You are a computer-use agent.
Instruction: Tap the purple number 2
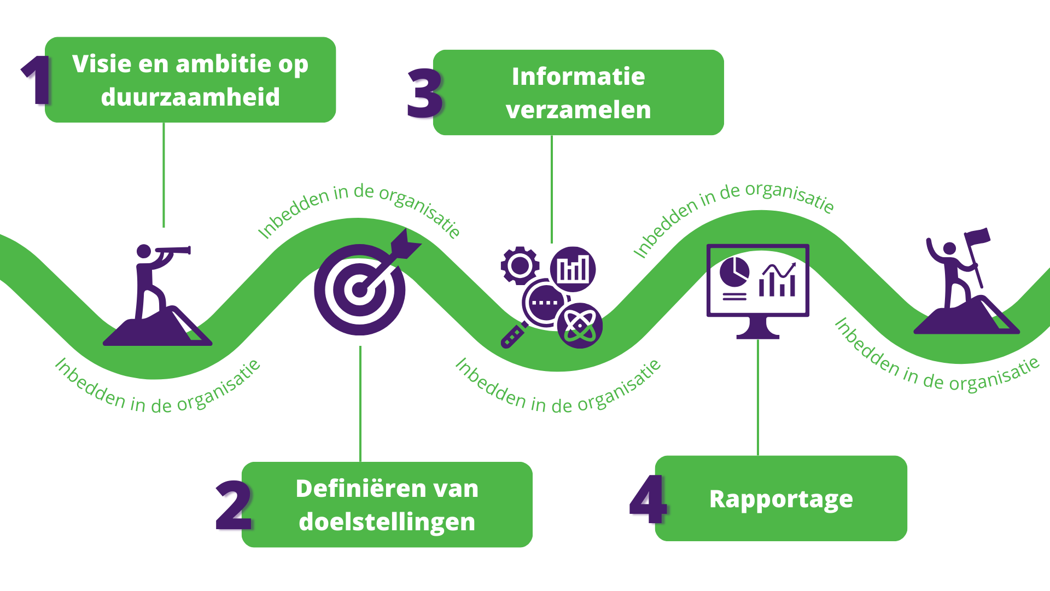point(234,506)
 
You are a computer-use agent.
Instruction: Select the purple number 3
point(424,94)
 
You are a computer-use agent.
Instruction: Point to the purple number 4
point(648,499)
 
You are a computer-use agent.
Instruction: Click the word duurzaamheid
point(190,97)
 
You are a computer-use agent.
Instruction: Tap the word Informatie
point(578,77)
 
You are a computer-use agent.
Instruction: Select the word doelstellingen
point(387,522)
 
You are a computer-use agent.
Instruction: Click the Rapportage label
point(780,499)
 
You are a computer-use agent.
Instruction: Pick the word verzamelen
point(578,110)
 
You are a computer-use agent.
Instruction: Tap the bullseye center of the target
point(359,289)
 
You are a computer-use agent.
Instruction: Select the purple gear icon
point(519,266)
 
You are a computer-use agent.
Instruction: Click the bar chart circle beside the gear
point(573,269)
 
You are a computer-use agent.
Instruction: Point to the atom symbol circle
point(580,326)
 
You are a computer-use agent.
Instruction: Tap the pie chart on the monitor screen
point(734,272)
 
